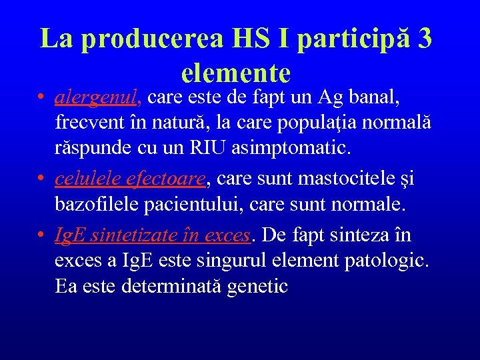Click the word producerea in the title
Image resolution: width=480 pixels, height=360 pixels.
(150, 39)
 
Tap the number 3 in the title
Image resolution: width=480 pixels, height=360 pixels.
(423, 39)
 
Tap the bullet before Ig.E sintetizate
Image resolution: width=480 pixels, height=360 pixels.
(41, 235)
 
